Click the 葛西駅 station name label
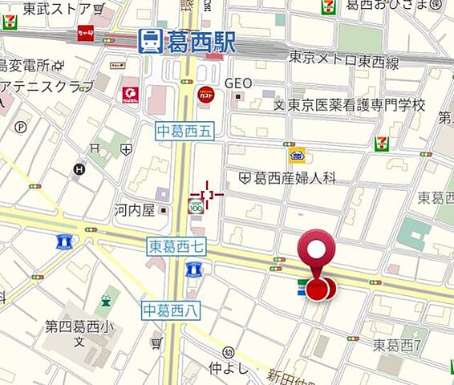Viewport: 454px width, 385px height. pos(201,42)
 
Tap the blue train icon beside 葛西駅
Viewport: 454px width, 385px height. pos(149,42)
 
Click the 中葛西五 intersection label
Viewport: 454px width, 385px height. pos(184,132)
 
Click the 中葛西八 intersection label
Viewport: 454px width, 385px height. pos(171,309)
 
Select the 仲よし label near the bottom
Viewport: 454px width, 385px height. pos(225,368)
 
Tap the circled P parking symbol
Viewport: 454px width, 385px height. pos(22,127)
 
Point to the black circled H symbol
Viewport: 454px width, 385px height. pos(79,169)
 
